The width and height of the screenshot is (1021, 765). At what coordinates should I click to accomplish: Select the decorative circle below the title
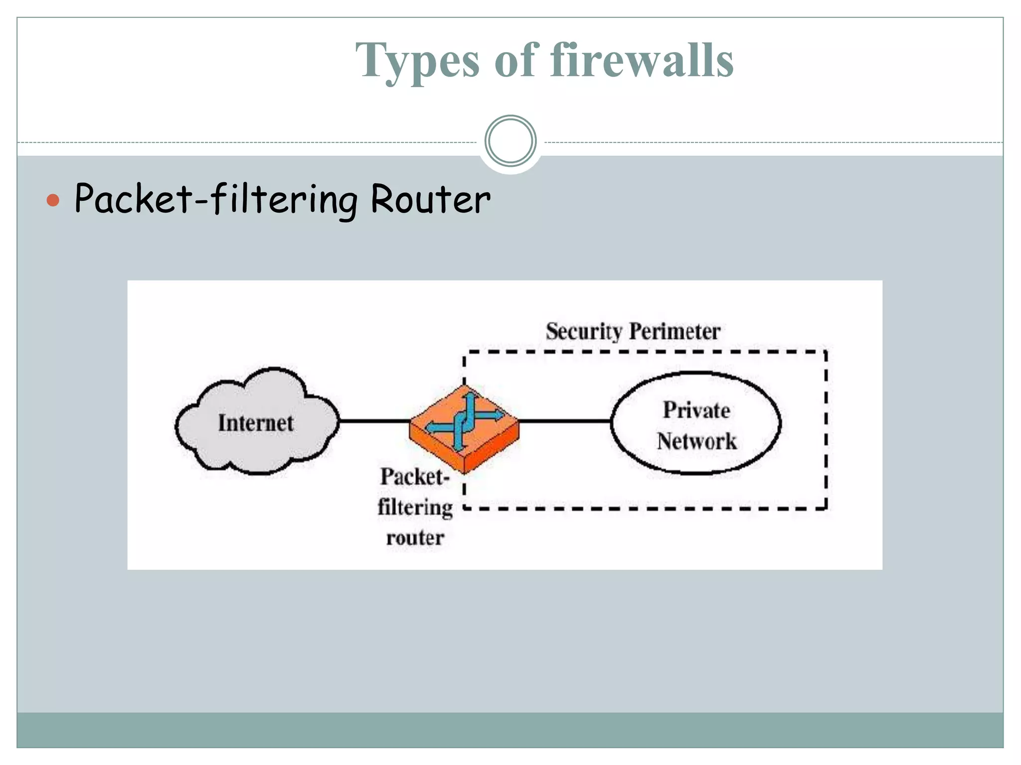tap(510, 141)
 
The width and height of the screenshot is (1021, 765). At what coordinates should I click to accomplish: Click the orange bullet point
tap(53, 201)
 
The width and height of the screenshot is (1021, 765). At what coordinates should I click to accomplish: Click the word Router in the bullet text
tap(430, 199)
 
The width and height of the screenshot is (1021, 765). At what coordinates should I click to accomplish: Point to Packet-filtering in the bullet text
tap(216, 199)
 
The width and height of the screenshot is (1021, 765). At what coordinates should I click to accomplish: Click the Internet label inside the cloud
tap(256, 423)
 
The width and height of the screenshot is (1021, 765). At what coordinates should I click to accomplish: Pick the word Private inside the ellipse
tap(696, 410)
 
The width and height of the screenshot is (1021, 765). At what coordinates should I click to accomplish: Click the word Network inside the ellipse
tap(696, 441)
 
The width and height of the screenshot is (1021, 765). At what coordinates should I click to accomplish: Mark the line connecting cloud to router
tap(374, 421)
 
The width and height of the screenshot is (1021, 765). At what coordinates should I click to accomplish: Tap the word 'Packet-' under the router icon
tap(415, 477)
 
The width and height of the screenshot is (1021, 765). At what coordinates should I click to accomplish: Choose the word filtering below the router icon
tap(415, 508)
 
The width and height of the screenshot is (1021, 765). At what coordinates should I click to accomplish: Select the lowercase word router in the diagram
tap(415, 538)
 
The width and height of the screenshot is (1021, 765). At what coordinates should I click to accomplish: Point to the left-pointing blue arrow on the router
tap(433, 427)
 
